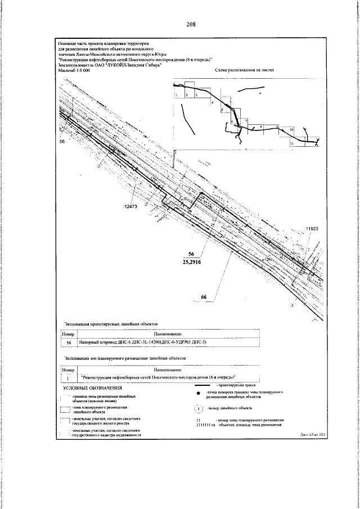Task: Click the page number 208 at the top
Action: tap(191, 25)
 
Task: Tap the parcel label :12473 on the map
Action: tap(130, 207)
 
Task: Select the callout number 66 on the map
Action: tap(205, 296)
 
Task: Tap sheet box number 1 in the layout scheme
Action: tap(176, 96)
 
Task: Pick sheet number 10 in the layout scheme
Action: tap(291, 129)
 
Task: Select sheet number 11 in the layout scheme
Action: tap(292, 143)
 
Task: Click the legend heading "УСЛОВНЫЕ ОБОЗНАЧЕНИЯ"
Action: tap(92, 388)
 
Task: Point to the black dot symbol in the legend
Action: tap(199, 393)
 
